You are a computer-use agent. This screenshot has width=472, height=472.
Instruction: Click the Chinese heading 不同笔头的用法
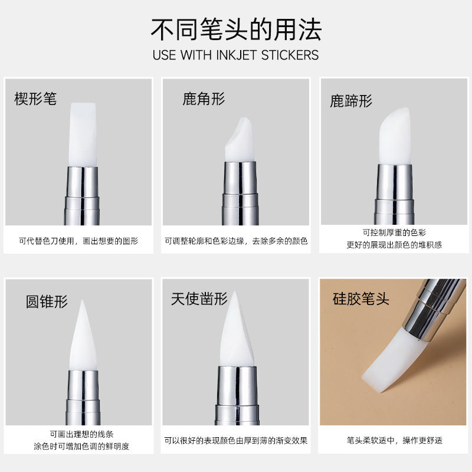tap(236, 29)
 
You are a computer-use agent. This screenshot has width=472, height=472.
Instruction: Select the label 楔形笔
tap(35, 99)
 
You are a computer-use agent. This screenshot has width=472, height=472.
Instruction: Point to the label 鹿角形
tap(204, 99)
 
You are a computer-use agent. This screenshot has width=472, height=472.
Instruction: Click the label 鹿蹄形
tap(351, 101)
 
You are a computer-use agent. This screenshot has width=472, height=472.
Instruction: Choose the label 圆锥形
tap(47, 301)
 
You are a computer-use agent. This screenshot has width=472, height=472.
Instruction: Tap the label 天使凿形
tap(199, 299)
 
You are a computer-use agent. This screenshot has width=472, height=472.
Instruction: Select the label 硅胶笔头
tap(361, 299)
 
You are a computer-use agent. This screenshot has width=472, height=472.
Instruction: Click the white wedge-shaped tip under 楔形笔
tap(82, 136)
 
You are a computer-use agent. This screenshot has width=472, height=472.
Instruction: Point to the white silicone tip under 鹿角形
tap(240, 142)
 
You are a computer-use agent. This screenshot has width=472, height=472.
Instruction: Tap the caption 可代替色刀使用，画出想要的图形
tap(78, 241)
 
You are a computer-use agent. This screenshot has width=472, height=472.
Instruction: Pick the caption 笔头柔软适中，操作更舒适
tap(394, 440)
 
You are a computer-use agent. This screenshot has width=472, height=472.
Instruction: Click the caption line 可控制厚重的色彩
tap(394, 232)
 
